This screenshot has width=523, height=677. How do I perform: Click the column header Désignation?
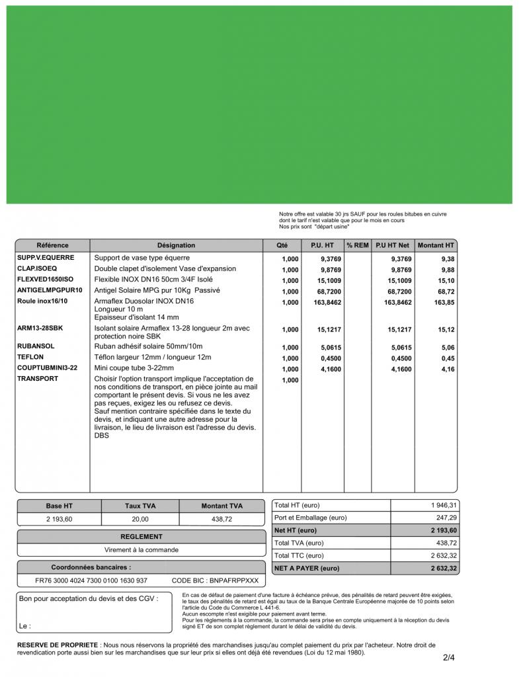click(x=176, y=245)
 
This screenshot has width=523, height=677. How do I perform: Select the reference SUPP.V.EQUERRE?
click(x=46, y=258)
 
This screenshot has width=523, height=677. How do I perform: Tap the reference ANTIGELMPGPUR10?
click(x=50, y=290)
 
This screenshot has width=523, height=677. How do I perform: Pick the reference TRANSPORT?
click(x=38, y=379)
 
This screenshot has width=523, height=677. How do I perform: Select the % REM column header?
click(x=358, y=245)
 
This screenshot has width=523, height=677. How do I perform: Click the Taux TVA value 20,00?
click(x=140, y=520)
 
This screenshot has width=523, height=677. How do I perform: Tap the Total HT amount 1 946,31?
click(x=444, y=505)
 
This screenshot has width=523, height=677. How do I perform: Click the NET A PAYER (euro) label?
click(x=307, y=569)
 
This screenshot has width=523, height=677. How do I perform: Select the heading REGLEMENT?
click(x=141, y=537)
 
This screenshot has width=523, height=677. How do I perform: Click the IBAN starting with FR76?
click(x=91, y=581)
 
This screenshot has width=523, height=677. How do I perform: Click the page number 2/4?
click(x=449, y=658)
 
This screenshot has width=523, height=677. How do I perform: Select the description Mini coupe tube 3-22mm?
click(x=134, y=368)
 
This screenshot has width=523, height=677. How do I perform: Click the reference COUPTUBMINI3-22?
click(x=47, y=368)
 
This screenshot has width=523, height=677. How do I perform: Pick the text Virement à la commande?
click(x=141, y=549)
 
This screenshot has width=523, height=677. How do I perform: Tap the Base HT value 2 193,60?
click(x=59, y=520)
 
